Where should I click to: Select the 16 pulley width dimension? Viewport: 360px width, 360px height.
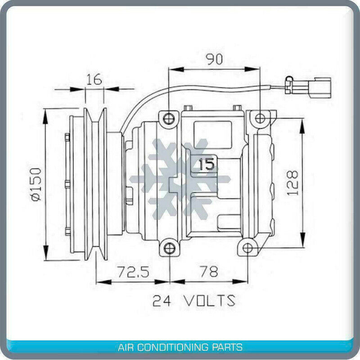click(x=94, y=79)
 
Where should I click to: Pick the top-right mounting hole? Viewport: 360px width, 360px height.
click(x=261, y=119)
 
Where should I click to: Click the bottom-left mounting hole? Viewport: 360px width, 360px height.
click(x=169, y=248)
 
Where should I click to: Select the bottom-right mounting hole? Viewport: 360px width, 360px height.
click(x=247, y=248)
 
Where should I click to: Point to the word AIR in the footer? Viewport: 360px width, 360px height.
click(x=125, y=347)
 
